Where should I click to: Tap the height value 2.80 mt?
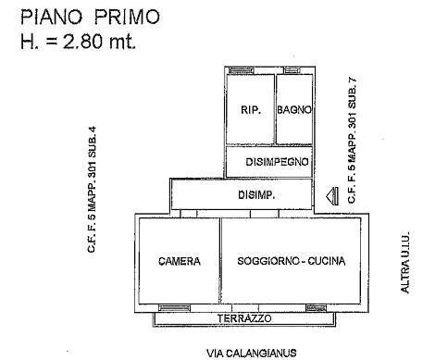pos(93,41)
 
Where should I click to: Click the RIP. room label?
pos(250,109)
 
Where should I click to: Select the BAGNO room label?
pos(293,109)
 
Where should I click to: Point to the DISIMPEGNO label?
pos(277,162)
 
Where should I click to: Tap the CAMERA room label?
pos(179,261)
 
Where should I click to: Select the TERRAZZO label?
pos(245,317)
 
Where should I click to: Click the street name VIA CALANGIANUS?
pos(244,353)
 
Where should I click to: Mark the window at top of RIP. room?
pos(243,68)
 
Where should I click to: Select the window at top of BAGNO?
pos(292,68)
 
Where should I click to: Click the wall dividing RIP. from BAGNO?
pos(275,109)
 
